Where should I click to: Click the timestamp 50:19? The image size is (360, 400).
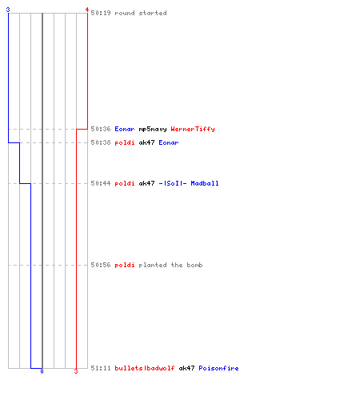pos(101,13)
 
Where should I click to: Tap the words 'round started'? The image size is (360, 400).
pos(141,13)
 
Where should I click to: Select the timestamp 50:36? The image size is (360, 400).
pos(101,129)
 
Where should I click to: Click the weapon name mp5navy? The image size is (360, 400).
pos(153,130)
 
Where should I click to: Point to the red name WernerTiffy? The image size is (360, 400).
pos(193,130)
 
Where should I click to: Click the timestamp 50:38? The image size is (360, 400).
pos(101,142)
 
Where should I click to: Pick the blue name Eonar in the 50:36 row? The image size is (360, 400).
pos(125,129)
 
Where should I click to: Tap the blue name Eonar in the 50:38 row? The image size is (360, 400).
pos(169,142)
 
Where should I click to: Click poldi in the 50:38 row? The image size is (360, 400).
pos(125,143)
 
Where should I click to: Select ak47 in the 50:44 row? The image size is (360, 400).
pos(146,183)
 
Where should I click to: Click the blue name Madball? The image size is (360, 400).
pos(205,183)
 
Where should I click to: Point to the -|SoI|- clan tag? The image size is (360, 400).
pos(173,183)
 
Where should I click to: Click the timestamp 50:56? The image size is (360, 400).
pos(101,265)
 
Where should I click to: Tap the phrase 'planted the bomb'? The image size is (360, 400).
pos(170,266)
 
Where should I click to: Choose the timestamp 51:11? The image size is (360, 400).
pos(101,368)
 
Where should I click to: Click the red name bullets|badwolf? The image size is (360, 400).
pos(145,368)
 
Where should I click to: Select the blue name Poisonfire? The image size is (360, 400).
pos(218,368)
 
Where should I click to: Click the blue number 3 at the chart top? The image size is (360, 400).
pos(8,10)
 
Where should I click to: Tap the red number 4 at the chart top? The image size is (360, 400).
pos(87,10)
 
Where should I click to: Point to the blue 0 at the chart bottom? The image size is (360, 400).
pos(42,371)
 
